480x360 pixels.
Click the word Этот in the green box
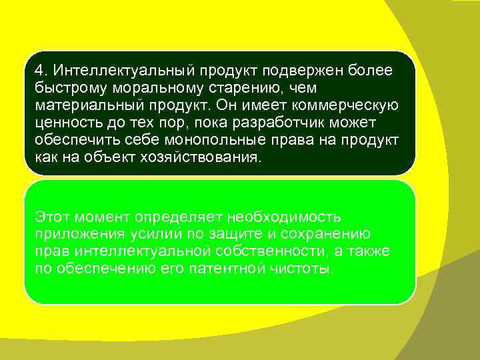tap(53, 217)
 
